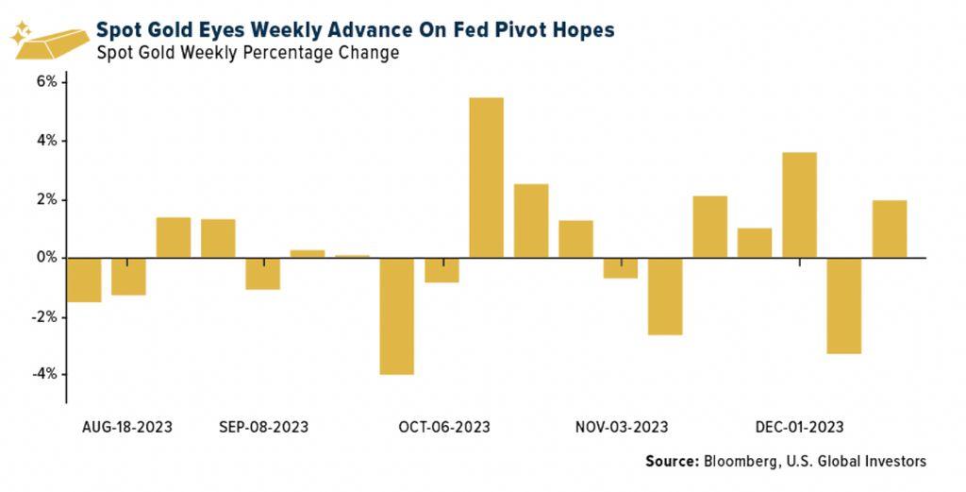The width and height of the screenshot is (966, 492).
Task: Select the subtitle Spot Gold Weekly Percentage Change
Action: tap(247, 53)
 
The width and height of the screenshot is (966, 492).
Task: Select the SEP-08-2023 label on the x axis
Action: tap(263, 428)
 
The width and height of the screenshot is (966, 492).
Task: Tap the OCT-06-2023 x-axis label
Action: tap(443, 428)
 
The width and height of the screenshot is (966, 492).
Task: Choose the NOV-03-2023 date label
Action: tap(622, 428)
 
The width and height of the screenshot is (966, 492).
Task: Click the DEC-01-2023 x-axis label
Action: tap(799, 428)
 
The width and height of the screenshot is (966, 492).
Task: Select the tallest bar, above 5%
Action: tap(487, 178)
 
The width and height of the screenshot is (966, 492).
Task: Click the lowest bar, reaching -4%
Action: tap(397, 316)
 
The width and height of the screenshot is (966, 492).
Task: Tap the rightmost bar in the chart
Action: tap(890, 229)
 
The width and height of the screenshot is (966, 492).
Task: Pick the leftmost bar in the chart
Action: tap(84, 280)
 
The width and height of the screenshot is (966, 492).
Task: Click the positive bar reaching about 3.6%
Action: tap(800, 205)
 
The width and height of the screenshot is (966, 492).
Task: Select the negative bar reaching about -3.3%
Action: tap(844, 305)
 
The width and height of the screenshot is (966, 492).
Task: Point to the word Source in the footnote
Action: tap(672, 462)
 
